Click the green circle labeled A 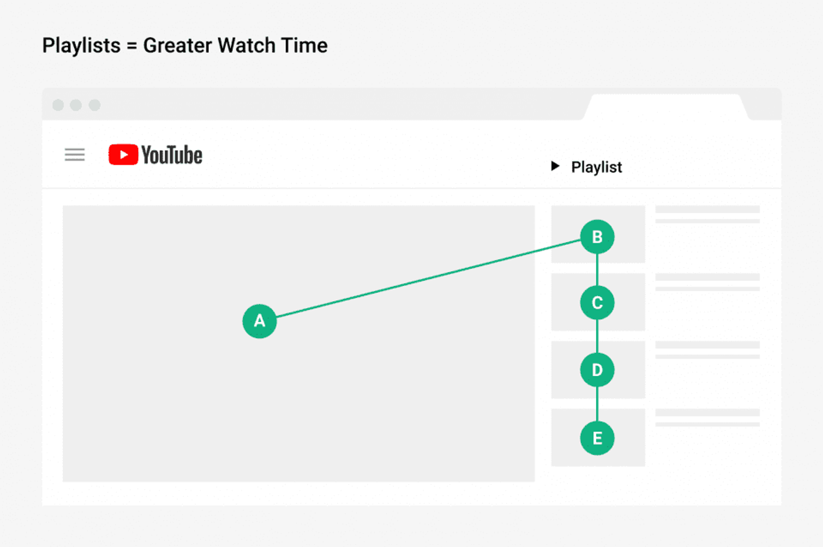coord(259,321)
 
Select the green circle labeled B coord(597,236)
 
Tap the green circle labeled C coord(597,302)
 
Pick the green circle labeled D coord(597,370)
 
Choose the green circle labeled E coord(597,438)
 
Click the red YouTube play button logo coord(123,154)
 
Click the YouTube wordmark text coord(172,155)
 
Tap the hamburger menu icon coord(75,154)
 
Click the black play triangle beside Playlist coord(555,166)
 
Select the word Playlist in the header coord(596,167)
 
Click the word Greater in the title coord(178,46)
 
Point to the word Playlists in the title coord(81,46)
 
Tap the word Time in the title coord(305,45)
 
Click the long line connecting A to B coord(429,278)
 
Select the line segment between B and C coord(597,270)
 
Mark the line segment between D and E coord(597,404)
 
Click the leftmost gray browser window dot coord(58,105)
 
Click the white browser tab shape coord(665,107)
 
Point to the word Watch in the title coord(246,45)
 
